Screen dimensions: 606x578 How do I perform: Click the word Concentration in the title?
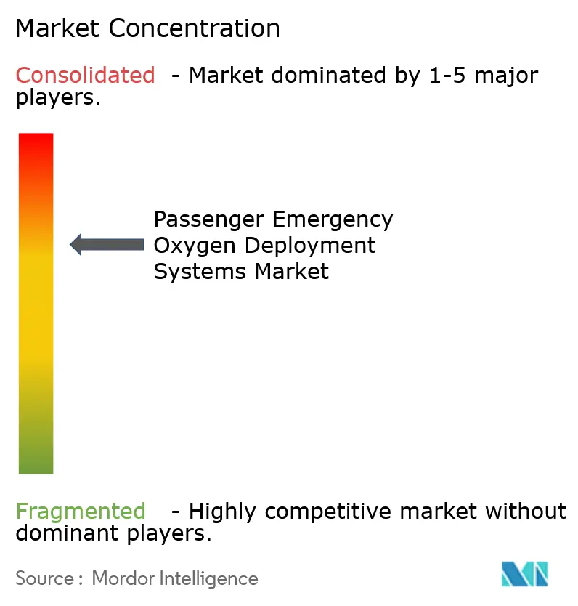[x=195, y=28]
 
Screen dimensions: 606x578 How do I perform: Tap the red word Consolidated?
[x=85, y=75]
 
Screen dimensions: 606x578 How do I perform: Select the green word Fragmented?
[x=80, y=512]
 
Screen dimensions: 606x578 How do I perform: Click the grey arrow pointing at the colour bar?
[x=107, y=245]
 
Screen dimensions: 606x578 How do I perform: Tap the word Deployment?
[x=310, y=246]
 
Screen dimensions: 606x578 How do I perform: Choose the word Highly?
[x=224, y=512]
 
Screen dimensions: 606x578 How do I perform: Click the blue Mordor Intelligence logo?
[x=524, y=574]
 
